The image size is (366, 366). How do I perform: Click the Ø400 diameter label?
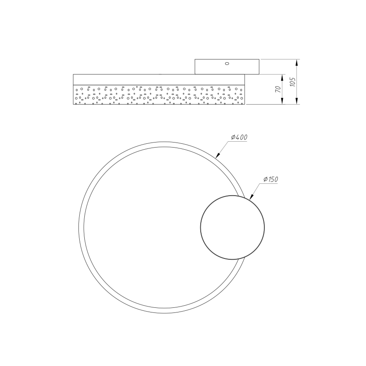click(239, 137)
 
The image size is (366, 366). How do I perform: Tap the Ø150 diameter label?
click(271, 180)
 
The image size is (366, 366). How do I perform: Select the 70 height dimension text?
click(278, 89)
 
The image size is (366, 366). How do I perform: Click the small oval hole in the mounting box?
click(227, 64)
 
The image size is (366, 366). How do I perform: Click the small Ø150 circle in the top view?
click(232, 227)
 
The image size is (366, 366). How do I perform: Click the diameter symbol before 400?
click(233, 137)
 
